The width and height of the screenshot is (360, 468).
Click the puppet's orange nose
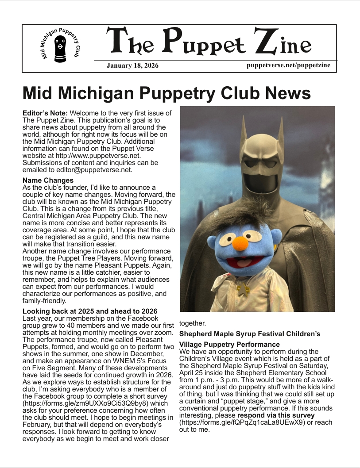coord(240,244)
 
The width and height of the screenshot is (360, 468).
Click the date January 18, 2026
coord(132,66)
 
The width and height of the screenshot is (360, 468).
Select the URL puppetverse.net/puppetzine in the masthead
coord(288,65)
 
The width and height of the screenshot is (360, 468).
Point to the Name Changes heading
coord(48,180)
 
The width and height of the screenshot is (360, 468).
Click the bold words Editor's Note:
coord(45,113)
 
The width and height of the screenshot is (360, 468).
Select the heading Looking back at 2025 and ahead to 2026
coord(90,311)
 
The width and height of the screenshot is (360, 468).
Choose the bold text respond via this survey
coord(276,415)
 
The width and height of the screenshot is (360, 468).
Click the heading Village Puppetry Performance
coord(229,344)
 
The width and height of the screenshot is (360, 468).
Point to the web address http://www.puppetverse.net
coord(104,155)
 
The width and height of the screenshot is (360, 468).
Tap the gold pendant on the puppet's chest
coord(243,290)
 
